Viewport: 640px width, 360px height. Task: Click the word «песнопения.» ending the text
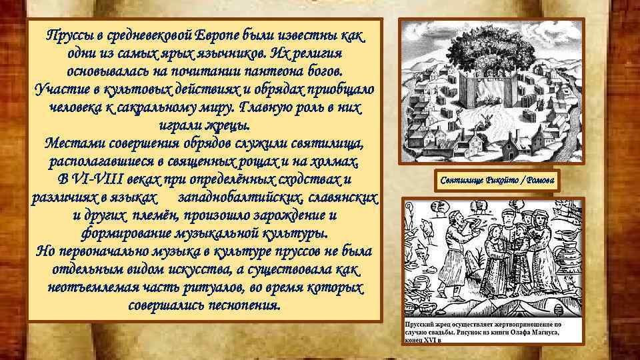click(x=243, y=305)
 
